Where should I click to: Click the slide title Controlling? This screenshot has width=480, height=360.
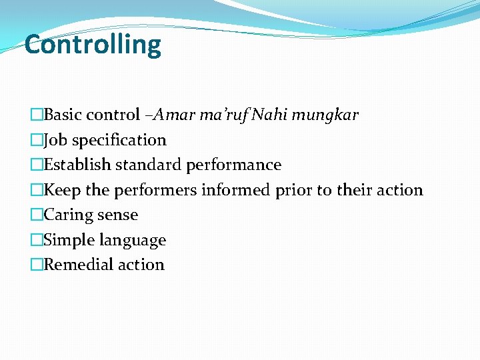click(93, 45)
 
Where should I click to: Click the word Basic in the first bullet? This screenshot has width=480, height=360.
click(67, 115)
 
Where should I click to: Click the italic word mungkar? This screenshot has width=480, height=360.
click(325, 115)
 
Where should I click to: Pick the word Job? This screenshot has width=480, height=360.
click(56, 140)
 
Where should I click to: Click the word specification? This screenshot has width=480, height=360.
click(119, 141)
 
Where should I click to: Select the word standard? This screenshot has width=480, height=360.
click(149, 165)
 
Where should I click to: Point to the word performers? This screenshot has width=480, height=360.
click(155, 191)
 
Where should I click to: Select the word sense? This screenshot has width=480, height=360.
click(117, 215)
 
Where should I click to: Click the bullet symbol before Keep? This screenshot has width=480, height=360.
click(37, 191)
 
